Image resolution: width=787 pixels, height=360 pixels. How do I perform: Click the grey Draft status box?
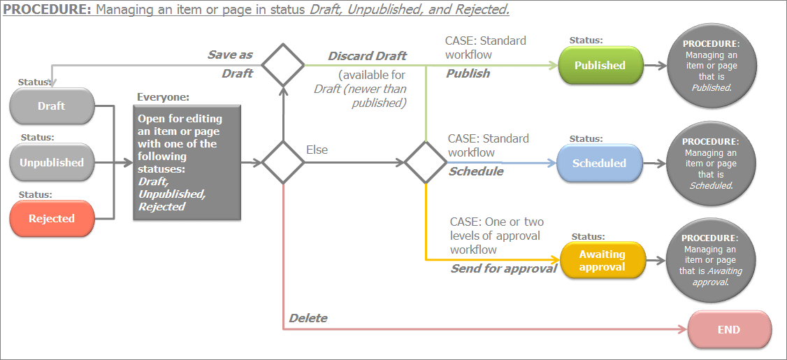coord(51,106)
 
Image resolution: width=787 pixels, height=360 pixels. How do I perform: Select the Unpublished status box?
coord(51,162)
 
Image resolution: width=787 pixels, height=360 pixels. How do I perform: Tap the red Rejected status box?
coord(51,219)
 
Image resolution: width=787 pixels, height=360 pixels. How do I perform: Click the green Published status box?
coord(600,66)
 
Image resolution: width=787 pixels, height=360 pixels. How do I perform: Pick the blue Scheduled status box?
coord(599,163)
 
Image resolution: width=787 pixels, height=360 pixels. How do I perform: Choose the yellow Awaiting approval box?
coord(602,261)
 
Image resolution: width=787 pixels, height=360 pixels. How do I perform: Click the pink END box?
coord(729,330)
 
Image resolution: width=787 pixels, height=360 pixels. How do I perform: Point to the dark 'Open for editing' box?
coord(187,162)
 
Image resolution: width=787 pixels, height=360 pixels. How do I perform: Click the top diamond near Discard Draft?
coord(283,65)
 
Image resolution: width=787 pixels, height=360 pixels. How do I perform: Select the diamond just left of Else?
coord(283,162)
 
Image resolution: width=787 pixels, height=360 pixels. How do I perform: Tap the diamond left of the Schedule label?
coord(426,162)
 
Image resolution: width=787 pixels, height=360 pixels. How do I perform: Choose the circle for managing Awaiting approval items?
coord(711,261)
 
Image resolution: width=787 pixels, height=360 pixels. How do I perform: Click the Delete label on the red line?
coord(308,318)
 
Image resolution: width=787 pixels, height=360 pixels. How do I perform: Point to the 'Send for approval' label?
coord(503,268)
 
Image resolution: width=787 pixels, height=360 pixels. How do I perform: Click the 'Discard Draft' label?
coord(368,56)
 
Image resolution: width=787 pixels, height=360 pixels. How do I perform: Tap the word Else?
coord(317,150)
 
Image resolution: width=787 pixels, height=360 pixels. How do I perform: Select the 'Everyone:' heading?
coord(163,97)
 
